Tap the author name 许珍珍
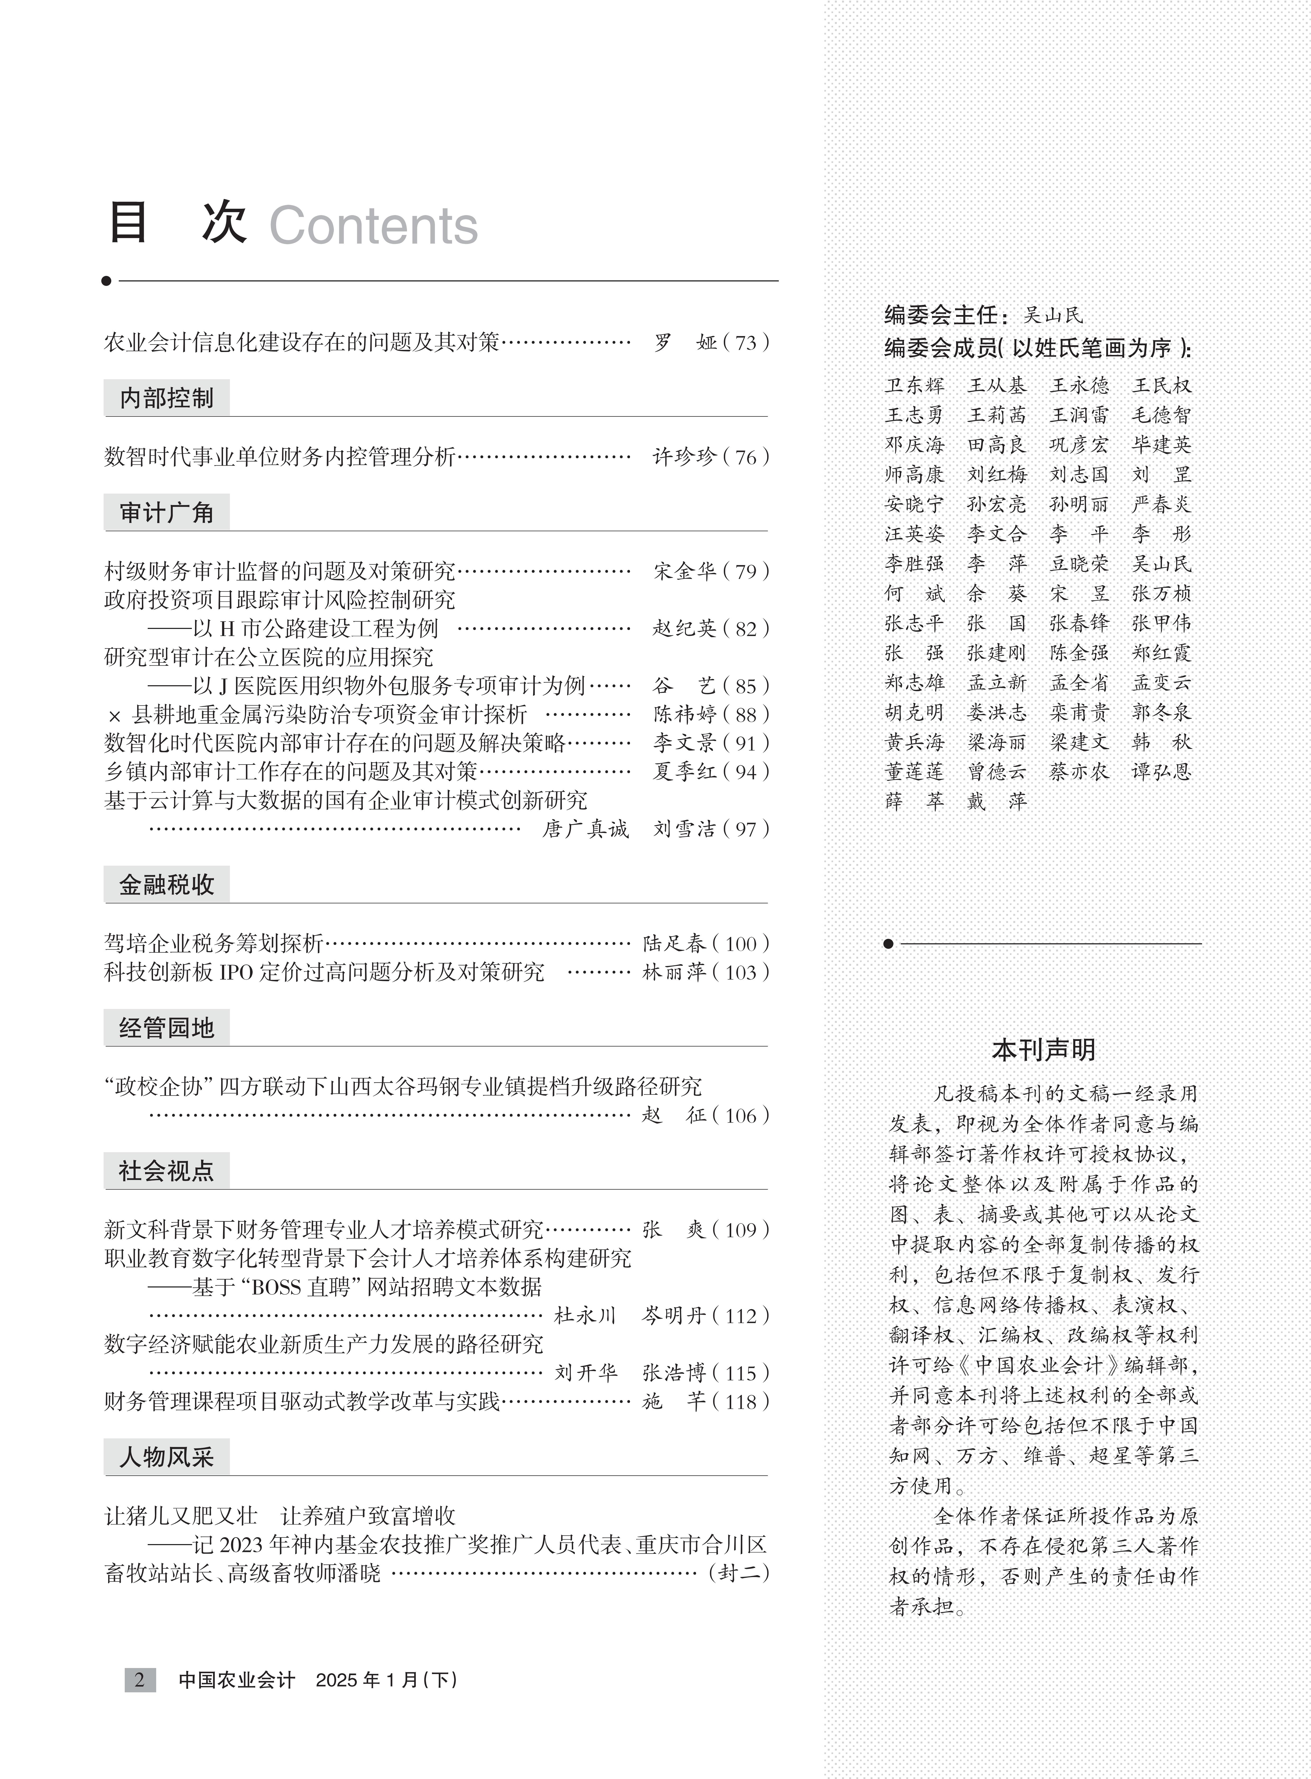pyautogui.click(x=684, y=457)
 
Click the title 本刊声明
pyautogui.click(x=1044, y=1050)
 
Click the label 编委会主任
pyautogui.click(x=941, y=315)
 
